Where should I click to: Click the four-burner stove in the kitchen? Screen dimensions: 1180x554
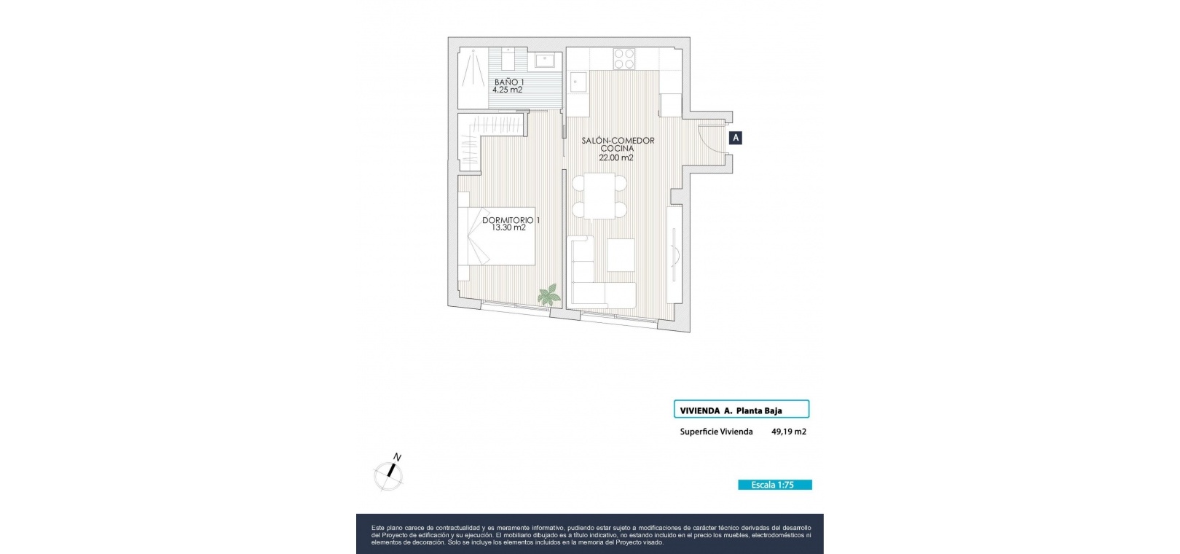tap(624, 59)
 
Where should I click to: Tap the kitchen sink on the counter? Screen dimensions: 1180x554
tap(578, 83)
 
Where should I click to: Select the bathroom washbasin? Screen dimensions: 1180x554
tap(545, 60)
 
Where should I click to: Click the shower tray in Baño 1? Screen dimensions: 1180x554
tap(473, 78)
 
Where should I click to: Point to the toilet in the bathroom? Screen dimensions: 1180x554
tap(508, 58)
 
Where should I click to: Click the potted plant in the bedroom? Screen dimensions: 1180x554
tap(549, 295)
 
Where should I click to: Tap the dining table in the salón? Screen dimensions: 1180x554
tap(599, 196)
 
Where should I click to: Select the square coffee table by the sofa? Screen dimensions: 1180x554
tap(621, 255)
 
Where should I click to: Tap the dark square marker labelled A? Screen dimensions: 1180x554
tap(736, 138)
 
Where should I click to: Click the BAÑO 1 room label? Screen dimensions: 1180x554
tap(509, 82)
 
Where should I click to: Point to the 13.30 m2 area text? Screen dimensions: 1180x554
tap(508, 227)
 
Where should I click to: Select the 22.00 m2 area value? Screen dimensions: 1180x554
tap(615, 157)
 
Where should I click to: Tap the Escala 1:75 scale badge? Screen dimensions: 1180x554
tap(775, 485)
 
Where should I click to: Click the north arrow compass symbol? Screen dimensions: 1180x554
tap(389, 473)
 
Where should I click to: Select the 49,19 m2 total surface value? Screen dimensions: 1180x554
tap(789, 432)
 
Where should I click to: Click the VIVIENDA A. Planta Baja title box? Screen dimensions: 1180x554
tap(742, 409)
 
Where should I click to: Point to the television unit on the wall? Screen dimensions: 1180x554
tap(674, 254)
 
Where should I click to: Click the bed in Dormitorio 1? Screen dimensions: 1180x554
tap(497, 236)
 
